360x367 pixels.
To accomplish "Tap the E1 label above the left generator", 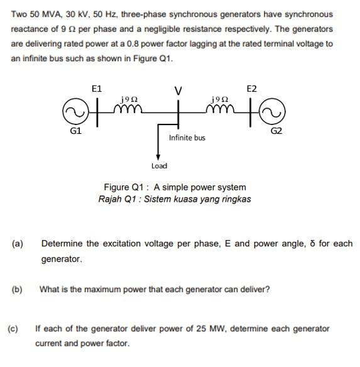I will click(x=97, y=89).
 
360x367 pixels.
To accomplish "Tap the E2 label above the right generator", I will click(x=251, y=89).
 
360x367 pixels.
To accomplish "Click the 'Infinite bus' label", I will click(x=187, y=138).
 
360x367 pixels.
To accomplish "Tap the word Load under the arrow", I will click(x=159, y=166).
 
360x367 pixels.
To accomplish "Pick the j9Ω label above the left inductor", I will click(x=129, y=99).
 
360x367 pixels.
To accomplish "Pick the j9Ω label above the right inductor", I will click(x=220, y=99).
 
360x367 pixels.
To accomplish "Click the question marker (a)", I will click(x=18, y=243).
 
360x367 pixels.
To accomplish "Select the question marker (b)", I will click(x=17, y=290).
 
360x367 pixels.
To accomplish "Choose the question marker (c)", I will click(x=13, y=328).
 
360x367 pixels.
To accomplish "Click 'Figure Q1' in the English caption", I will click(x=122, y=187).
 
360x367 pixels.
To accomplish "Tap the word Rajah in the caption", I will click(x=111, y=199).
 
